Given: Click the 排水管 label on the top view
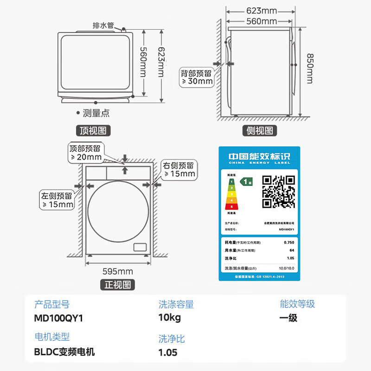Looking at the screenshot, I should point(103,26).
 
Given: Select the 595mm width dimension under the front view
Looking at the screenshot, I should point(118,271).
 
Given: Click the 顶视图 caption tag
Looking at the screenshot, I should point(93,131).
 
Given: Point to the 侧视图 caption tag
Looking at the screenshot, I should point(260,131).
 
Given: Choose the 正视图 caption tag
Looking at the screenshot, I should point(118,285).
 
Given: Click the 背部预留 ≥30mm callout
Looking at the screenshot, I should point(197,77).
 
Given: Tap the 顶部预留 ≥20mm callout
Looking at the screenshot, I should point(86,153).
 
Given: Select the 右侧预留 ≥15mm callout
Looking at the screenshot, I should point(179,169).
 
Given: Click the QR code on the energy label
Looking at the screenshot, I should point(278,191).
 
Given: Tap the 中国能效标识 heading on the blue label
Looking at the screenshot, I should point(259,157).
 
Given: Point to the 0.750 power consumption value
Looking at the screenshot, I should point(288,243).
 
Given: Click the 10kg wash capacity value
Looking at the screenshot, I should point(170,318).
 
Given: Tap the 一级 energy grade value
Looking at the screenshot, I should point(288,318).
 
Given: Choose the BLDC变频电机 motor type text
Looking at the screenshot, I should point(64,352).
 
